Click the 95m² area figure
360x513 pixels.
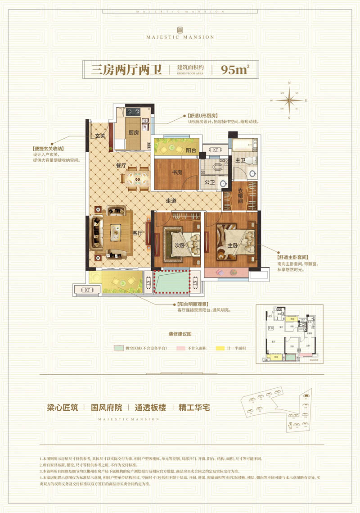click(x=235, y=70)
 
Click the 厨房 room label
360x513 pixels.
click(x=133, y=133)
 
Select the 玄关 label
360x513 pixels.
click(x=99, y=136)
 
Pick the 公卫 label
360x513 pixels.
click(x=210, y=182)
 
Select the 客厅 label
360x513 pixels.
click(x=137, y=233)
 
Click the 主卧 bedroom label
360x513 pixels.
click(x=232, y=245)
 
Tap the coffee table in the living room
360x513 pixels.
click(x=115, y=233)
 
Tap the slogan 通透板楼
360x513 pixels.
click(x=150, y=408)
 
